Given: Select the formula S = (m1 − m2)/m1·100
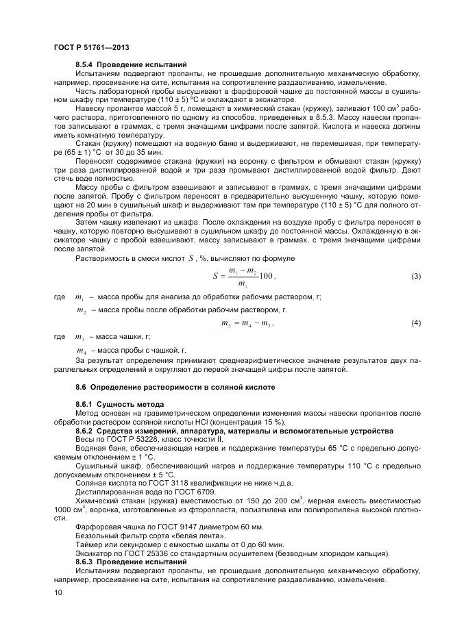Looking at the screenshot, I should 243,277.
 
